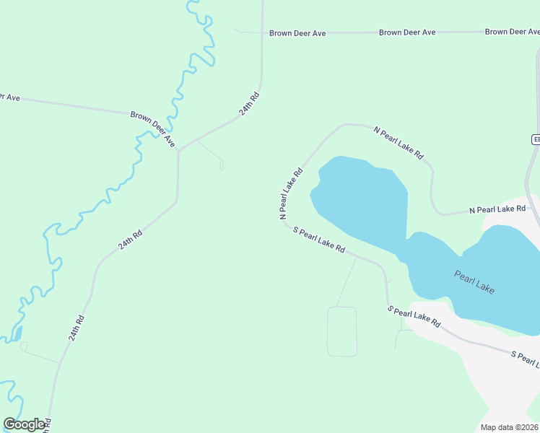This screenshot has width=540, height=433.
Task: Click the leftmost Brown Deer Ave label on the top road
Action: (297, 33)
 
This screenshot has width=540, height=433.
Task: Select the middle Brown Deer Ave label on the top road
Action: (407, 32)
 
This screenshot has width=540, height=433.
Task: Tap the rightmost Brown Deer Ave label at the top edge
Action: (513, 32)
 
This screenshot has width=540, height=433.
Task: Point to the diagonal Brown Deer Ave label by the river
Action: (153, 129)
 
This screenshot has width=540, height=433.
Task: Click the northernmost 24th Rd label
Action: (249, 105)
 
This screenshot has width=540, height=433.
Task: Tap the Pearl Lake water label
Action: (474, 281)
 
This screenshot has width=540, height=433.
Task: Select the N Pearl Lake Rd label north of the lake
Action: (399, 143)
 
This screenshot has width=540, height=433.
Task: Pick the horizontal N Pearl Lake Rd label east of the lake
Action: (497, 209)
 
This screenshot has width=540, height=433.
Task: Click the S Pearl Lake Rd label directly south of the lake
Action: (414, 317)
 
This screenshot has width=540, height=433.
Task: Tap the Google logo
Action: (24, 424)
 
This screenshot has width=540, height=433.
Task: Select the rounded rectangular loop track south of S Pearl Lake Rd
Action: (342, 331)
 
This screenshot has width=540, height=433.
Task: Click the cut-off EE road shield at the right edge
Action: (536, 140)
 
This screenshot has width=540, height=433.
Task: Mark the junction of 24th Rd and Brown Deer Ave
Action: (178, 150)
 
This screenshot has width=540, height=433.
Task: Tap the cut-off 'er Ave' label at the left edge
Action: (9, 97)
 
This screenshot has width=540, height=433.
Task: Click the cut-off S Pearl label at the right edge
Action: (525, 357)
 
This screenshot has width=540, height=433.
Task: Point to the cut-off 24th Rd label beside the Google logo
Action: (48, 425)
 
